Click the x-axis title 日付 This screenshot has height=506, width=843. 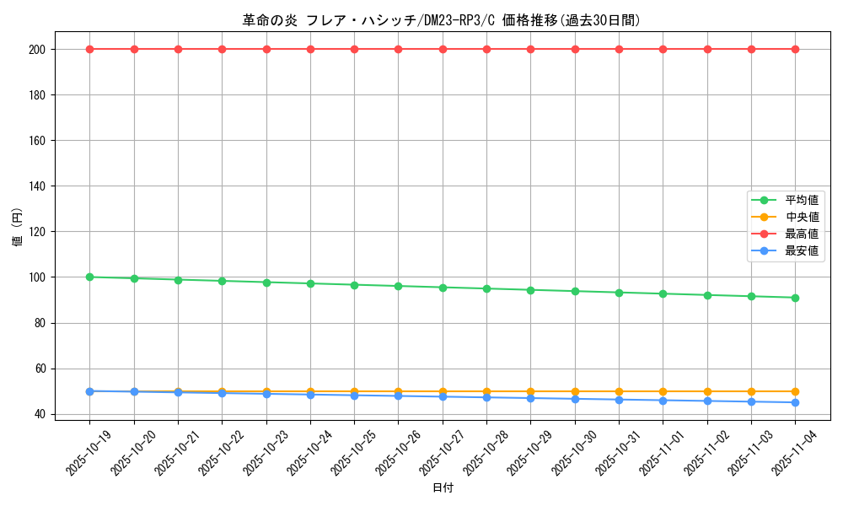click(x=443, y=487)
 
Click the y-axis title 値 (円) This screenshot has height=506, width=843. click(x=18, y=228)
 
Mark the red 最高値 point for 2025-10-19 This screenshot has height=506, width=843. click(x=89, y=49)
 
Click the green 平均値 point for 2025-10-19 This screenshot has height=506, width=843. click(x=89, y=277)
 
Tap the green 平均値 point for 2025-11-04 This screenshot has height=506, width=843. click(x=795, y=298)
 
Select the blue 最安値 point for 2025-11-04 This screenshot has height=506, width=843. click(x=795, y=402)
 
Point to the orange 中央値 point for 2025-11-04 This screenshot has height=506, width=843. click(x=795, y=391)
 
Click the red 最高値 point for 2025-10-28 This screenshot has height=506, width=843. click(x=486, y=49)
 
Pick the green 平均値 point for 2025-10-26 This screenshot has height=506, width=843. click(x=398, y=286)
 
